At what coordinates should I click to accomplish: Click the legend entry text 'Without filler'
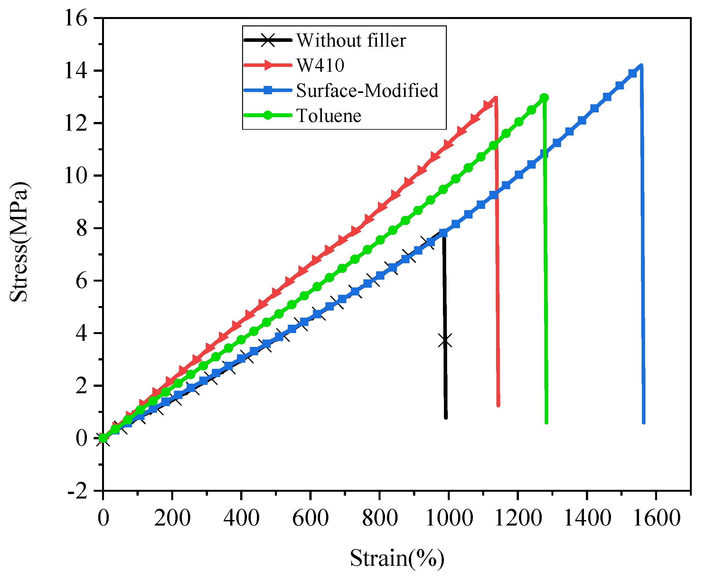[351, 41]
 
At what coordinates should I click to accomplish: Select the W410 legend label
[320, 65]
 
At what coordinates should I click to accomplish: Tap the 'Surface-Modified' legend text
[367, 90]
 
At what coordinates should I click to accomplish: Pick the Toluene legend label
[328, 116]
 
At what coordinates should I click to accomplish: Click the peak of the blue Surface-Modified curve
[641, 66]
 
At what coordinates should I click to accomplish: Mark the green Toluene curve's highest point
[544, 98]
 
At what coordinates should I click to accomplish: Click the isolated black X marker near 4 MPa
[445, 341]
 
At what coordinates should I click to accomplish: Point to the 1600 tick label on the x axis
[656, 519]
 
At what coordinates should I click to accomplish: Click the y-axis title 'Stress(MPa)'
[19, 242]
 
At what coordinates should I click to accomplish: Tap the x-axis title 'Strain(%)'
[397, 558]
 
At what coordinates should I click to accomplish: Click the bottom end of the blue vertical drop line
[644, 422]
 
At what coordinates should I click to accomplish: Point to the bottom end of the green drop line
[547, 422]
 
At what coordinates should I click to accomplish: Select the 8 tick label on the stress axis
[82, 228]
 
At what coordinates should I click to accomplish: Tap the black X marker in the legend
[268, 40]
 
